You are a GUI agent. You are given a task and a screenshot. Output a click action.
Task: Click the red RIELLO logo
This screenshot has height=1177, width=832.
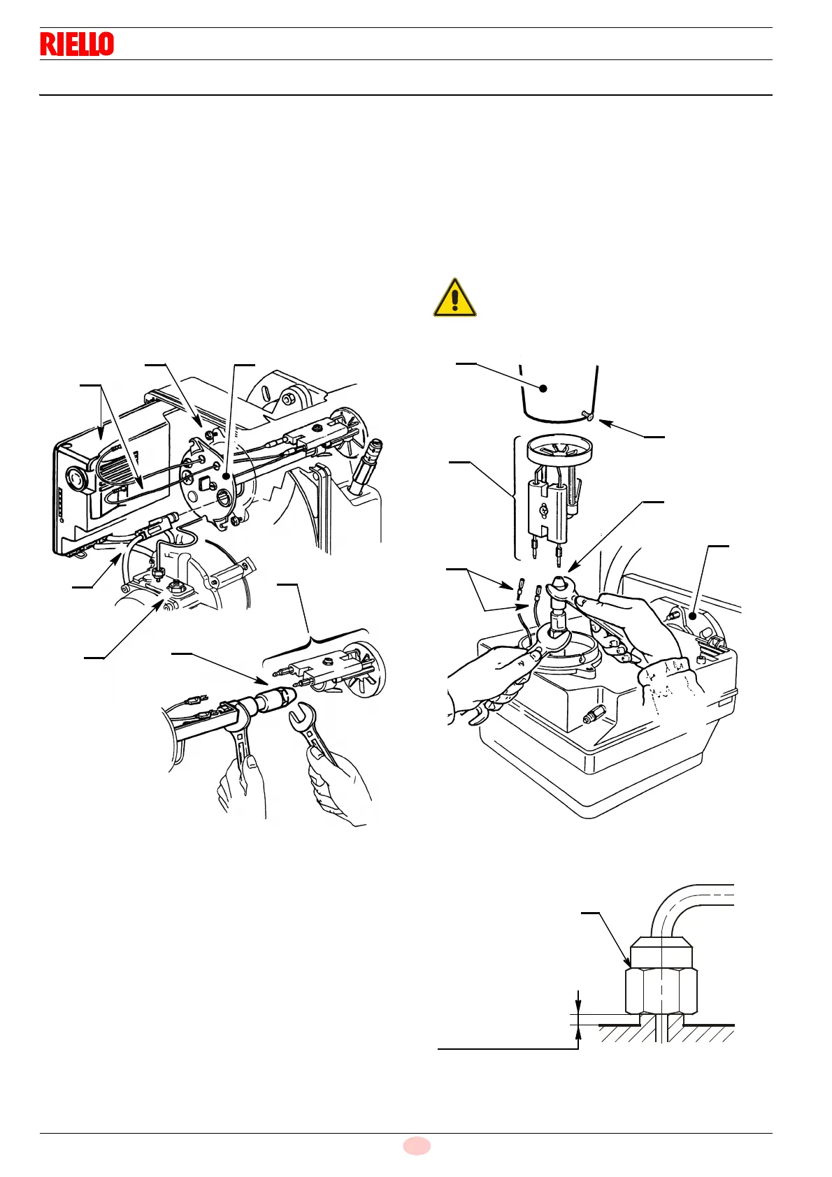pyautogui.click(x=77, y=44)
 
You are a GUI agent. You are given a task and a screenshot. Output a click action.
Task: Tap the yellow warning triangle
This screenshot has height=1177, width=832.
pyautogui.click(x=454, y=299)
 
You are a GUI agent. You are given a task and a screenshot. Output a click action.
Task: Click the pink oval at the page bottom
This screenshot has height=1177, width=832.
pyautogui.click(x=417, y=1146)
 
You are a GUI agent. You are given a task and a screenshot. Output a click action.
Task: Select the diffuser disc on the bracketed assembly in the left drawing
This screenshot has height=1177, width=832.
pyautogui.click(x=368, y=663)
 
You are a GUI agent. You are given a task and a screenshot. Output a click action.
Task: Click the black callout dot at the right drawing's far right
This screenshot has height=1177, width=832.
pyautogui.click(x=693, y=616)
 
